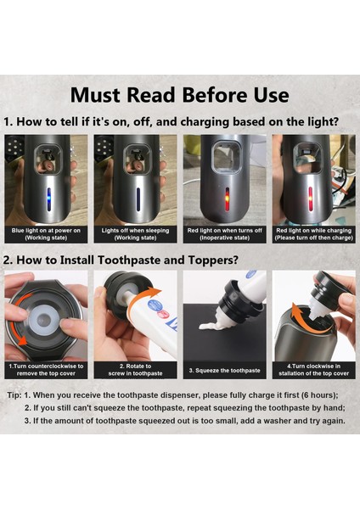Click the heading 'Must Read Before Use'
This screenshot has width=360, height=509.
180,95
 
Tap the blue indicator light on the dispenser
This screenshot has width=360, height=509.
48,199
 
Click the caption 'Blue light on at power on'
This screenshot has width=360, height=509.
46,231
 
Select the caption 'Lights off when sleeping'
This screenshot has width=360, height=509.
135,231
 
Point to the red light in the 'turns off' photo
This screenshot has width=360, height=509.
228,199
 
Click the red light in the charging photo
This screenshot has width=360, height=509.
310,199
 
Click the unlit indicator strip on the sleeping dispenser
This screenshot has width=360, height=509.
138,199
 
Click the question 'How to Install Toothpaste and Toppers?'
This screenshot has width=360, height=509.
127,260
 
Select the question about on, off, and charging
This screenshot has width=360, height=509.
177,121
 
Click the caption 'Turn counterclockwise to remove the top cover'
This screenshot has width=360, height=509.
46,370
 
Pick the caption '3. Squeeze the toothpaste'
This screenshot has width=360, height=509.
224,371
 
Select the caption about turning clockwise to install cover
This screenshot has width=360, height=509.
314,370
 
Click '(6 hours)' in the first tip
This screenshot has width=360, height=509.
319,395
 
